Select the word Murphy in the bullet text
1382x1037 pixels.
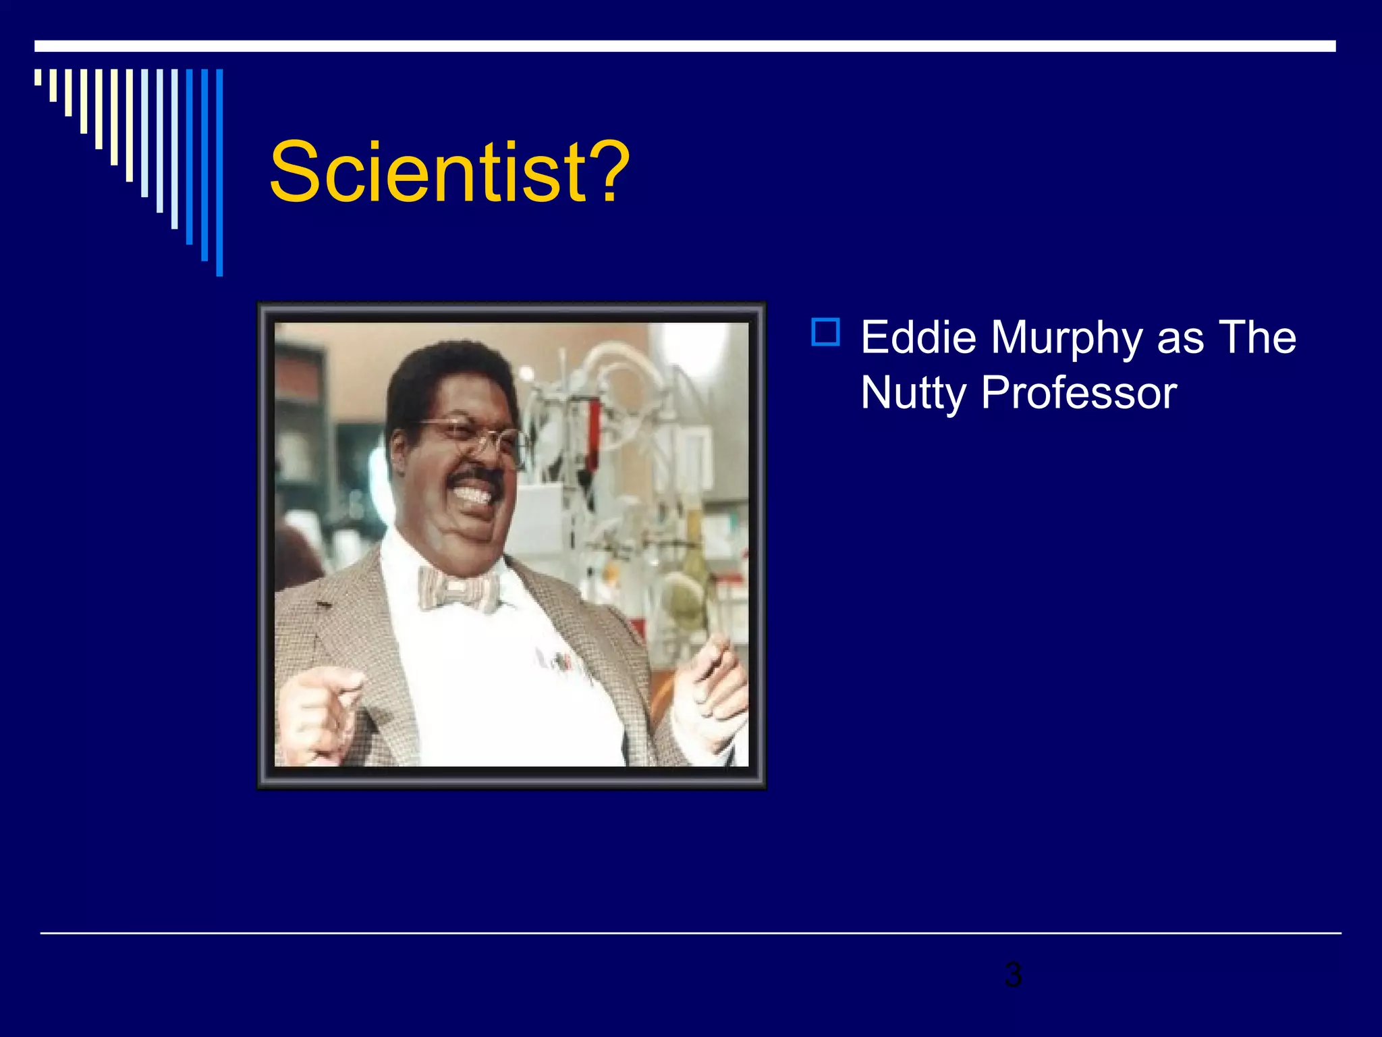pyautogui.click(x=1067, y=340)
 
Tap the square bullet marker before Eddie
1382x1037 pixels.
pyautogui.click(x=826, y=332)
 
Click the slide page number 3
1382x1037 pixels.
pyautogui.click(x=1013, y=975)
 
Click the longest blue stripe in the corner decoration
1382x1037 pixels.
pyautogui.click(x=219, y=172)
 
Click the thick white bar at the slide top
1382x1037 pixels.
pyautogui.click(x=684, y=46)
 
